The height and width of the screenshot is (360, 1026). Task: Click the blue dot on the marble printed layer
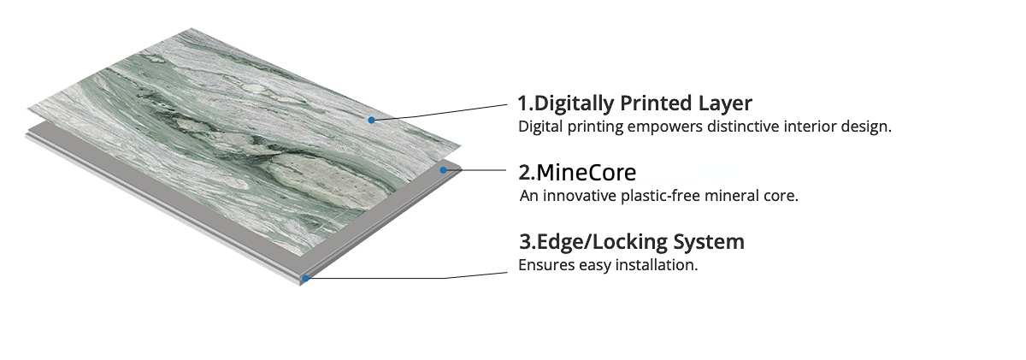click(371, 120)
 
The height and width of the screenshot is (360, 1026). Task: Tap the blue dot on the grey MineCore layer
click(443, 170)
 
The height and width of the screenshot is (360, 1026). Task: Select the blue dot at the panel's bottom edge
click(305, 278)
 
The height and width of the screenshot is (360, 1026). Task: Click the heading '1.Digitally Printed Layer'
click(634, 103)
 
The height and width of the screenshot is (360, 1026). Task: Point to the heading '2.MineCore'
click(577, 172)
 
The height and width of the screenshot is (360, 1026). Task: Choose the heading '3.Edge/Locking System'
click(631, 241)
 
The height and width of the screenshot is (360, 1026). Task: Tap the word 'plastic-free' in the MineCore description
click(659, 196)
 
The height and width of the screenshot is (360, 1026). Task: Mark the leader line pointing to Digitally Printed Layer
click(445, 111)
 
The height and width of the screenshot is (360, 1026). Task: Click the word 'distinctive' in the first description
click(753, 127)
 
